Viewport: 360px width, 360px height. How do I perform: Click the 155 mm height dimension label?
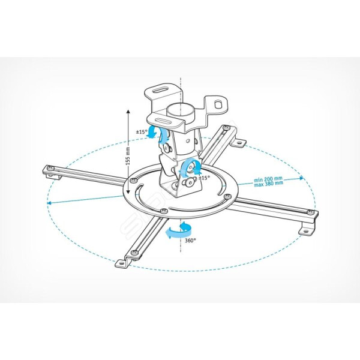pos(128,155)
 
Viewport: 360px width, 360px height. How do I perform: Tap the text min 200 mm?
pos(268,179)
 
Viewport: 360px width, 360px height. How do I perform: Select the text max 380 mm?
pos(268,184)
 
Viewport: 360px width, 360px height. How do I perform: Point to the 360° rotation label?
pos(190,241)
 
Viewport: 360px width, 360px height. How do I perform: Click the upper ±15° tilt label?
pos(141,132)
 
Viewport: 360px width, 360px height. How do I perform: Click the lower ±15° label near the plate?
pos(205,178)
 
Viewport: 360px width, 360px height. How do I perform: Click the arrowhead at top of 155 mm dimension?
pos(128,112)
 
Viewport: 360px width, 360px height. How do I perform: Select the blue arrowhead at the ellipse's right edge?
pos(301,178)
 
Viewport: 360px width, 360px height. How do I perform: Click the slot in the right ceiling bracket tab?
pos(217,104)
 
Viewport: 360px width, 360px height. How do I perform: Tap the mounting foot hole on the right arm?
pos(305,231)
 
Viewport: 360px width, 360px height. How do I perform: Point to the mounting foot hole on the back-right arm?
pos(239,143)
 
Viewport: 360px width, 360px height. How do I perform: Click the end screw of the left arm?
pos(49,168)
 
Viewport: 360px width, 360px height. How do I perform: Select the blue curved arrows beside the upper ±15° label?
pos(158,134)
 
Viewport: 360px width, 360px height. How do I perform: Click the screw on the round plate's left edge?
pos(133,181)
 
